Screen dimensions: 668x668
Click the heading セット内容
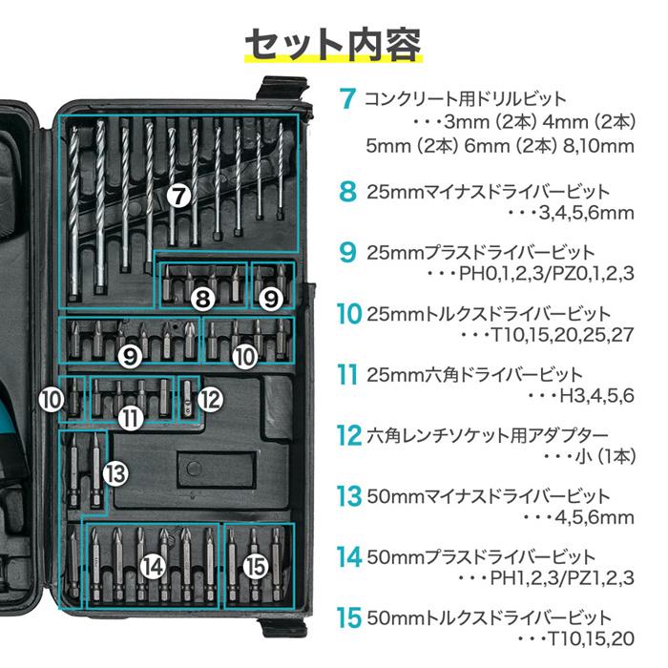coord(333,42)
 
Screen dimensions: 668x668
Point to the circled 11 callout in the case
coord(132,416)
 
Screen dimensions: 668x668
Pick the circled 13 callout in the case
coord(115,471)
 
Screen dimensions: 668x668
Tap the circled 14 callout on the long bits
coord(152,566)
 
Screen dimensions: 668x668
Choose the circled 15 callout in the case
coord(254,566)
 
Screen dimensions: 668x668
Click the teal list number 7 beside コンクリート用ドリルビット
coord(347,99)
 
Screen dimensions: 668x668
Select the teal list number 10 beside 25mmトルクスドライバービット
coord(348,313)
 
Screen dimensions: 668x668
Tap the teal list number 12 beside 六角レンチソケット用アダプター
coord(348,435)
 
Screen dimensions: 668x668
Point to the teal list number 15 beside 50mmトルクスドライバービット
coord(348,617)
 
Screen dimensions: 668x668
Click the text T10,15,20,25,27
coord(560,335)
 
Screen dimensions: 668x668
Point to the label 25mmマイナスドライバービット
coord(488,191)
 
